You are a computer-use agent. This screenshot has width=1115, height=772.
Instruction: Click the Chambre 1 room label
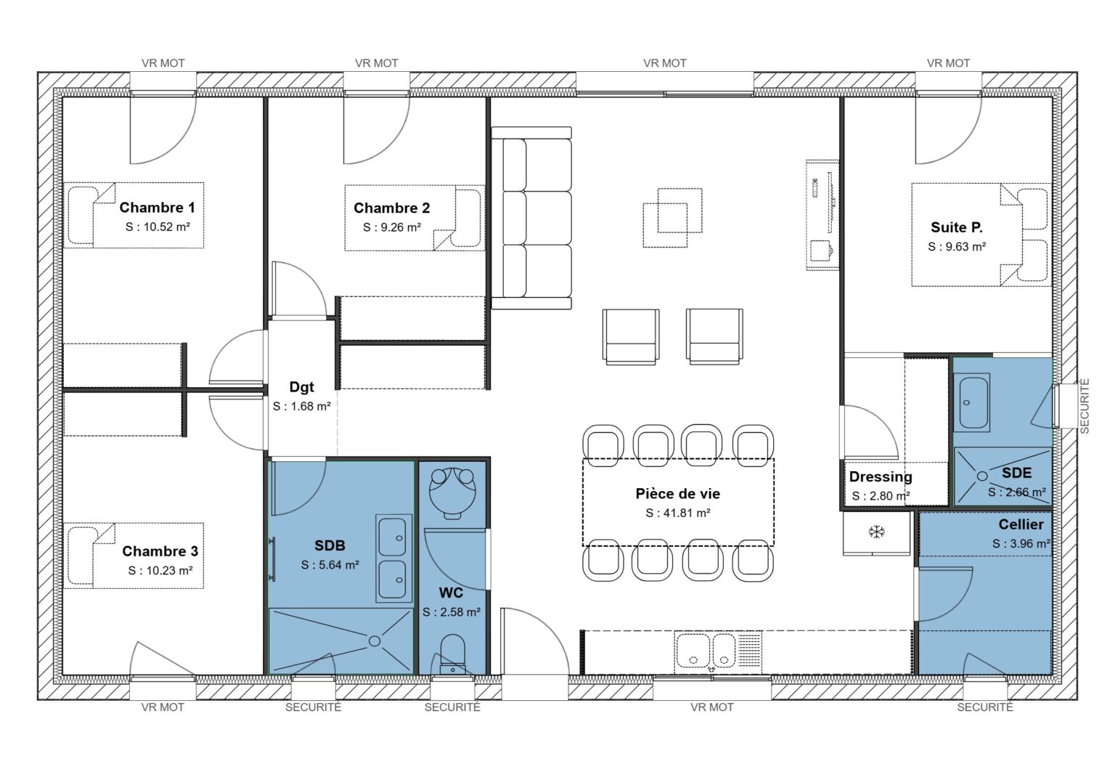[x=157, y=208]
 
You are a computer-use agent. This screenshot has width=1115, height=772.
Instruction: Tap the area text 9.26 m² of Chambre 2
[x=392, y=227]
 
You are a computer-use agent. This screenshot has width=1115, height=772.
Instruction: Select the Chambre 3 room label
[x=160, y=551]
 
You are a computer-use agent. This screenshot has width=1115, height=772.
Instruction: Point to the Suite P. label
[x=957, y=227]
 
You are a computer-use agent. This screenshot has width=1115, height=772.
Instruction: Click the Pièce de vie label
[x=677, y=494]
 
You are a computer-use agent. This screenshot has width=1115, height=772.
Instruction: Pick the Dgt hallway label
[x=301, y=388]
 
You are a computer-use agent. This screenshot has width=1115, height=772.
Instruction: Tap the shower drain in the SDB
[x=375, y=641]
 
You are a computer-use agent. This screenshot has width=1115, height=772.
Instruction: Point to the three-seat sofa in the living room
[x=531, y=218]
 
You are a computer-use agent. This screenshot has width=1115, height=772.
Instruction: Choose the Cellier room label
[x=1021, y=524]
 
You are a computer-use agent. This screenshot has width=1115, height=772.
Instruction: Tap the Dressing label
[x=881, y=477]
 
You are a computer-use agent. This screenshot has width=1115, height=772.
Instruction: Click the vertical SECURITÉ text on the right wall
[x=1085, y=406]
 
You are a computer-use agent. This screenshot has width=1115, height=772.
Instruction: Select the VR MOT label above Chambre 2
[x=376, y=63]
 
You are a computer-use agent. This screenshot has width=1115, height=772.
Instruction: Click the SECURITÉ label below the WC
[x=452, y=707]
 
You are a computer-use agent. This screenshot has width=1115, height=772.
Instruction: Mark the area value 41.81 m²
[x=677, y=513]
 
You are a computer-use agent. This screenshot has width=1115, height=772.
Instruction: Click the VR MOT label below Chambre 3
[x=163, y=707]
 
